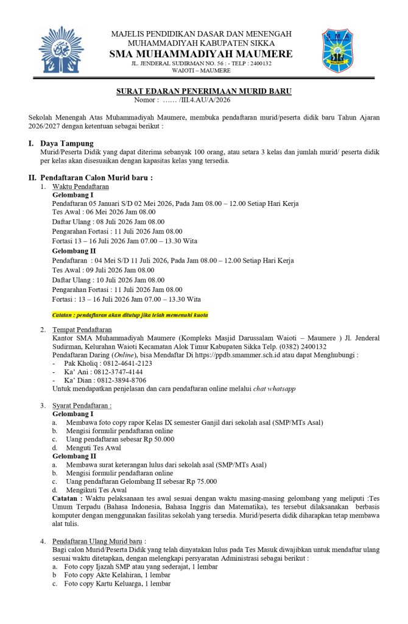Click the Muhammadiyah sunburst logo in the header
pos(61,49)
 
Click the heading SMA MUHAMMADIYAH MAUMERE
pos(201,54)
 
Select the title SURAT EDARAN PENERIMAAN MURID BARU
pos(203,91)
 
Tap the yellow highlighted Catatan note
pos(130,315)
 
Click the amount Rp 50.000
pos(154,439)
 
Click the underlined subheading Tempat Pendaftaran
pos(86,329)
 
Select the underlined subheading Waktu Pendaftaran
pos(80,186)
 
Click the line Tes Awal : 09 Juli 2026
pos(103,270)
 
